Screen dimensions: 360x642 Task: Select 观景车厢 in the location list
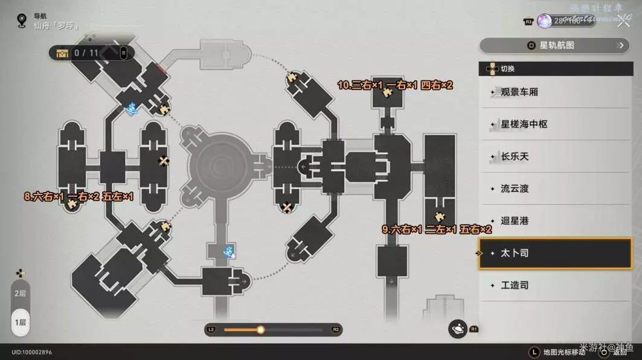pyautogui.click(x=519, y=92)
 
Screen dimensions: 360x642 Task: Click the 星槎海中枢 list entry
pyautogui.click(x=524, y=124)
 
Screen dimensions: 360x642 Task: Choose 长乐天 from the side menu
pyautogui.click(x=515, y=156)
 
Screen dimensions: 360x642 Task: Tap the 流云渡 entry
pyautogui.click(x=515, y=188)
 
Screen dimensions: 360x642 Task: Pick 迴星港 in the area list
pyautogui.click(x=515, y=221)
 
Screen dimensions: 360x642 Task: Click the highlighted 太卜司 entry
pyautogui.click(x=515, y=253)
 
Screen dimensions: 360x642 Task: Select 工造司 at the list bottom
pyautogui.click(x=515, y=285)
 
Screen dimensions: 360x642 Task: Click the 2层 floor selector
pyautogui.click(x=21, y=293)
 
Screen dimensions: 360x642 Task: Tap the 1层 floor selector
pyautogui.click(x=21, y=322)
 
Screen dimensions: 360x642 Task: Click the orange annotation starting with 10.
pyautogui.click(x=395, y=86)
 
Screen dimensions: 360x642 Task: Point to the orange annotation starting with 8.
pyautogui.click(x=79, y=197)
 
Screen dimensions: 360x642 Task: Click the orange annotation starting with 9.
pyautogui.click(x=437, y=230)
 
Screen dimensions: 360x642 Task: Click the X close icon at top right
pyautogui.click(x=623, y=23)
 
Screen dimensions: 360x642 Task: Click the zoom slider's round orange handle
pyautogui.click(x=260, y=330)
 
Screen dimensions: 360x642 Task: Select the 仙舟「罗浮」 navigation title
pyautogui.click(x=57, y=27)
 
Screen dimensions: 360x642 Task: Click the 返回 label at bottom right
pyautogui.click(x=620, y=352)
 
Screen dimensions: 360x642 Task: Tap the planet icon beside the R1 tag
pyautogui.click(x=458, y=329)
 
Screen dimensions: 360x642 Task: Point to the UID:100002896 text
pyautogui.click(x=31, y=352)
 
